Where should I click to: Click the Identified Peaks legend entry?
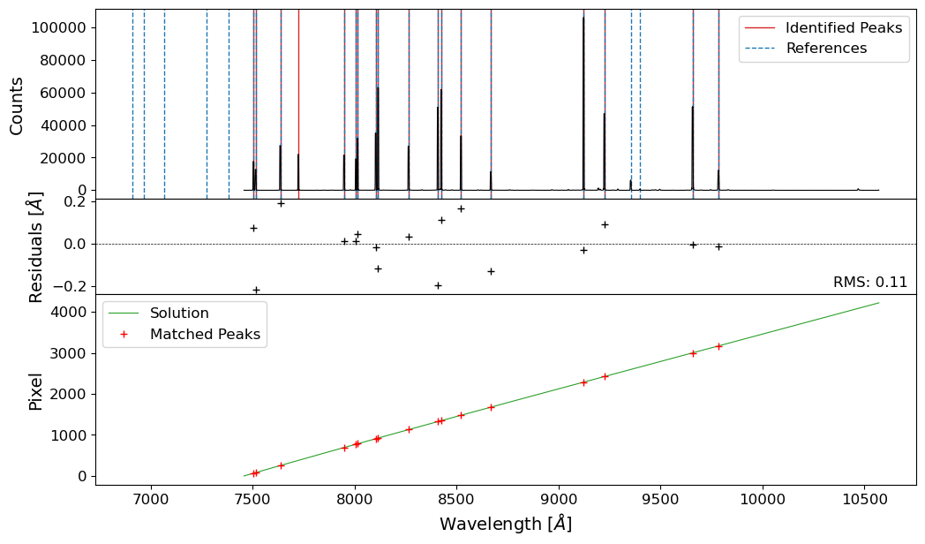843,27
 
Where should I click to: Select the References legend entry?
826,48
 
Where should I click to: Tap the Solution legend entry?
179,314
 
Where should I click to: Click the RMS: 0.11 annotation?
869,283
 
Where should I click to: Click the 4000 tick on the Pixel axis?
68,313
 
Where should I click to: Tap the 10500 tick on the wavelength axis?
862,496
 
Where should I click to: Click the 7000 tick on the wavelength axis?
151,496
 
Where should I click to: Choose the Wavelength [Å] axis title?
506,524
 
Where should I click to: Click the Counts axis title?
16,105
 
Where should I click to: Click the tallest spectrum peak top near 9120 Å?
583,18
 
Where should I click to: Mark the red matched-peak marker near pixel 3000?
693,353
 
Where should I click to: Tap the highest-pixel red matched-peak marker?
718,346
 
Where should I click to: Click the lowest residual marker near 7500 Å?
256,290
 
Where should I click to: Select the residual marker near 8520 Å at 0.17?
461,208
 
